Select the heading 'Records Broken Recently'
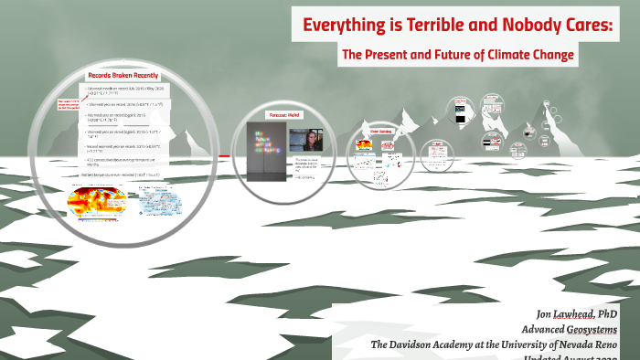point(122,75)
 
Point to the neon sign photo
point(265,145)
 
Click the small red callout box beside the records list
point(69,103)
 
